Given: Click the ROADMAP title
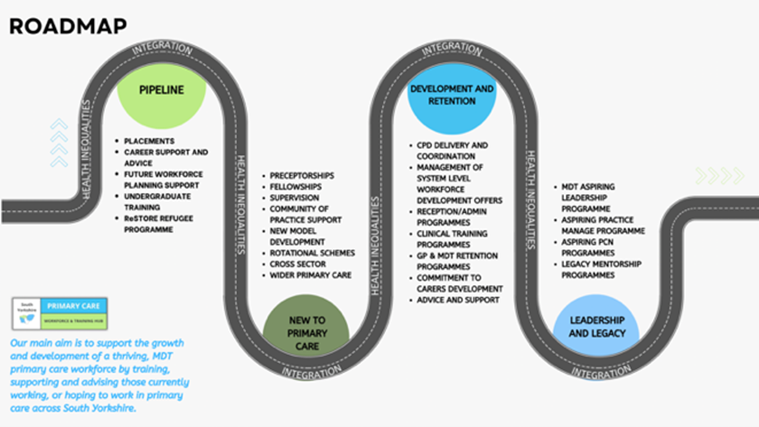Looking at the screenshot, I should point(68,26).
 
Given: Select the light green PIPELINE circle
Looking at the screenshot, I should point(161,91).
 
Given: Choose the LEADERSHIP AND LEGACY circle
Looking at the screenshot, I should point(596,327).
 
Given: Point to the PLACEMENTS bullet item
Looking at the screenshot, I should point(149,141).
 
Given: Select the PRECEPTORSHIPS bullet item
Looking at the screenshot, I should point(302,176).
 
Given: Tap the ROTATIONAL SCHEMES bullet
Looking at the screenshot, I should point(312,253).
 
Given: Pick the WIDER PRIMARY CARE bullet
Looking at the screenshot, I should point(310,276).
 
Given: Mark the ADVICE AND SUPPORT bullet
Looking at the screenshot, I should point(457,300).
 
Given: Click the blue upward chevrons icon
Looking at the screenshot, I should point(59,143).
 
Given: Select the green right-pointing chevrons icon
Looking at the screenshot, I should point(719,175).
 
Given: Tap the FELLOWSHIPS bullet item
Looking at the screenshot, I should point(297,187).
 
